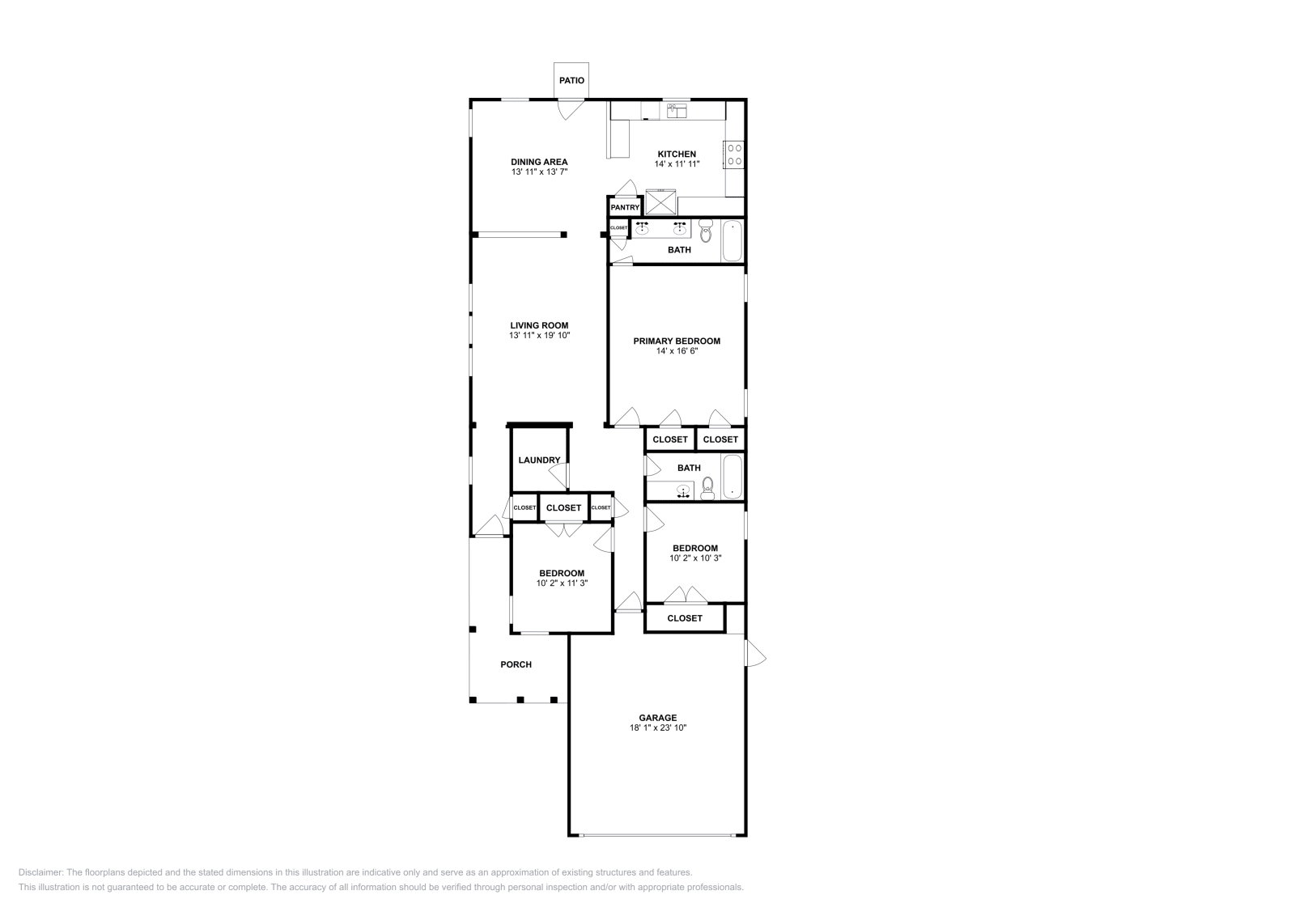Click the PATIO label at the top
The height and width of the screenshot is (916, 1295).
[x=571, y=81]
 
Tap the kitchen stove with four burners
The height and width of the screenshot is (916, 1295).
[x=735, y=155]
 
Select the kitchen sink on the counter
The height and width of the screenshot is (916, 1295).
[x=676, y=110]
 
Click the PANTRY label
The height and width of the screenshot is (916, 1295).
[x=625, y=208]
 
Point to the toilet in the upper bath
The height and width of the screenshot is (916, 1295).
[x=705, y=232]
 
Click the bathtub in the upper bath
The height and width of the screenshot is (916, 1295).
[x=732, y=240]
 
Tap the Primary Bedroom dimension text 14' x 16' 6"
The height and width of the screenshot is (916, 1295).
[x=677, y=351]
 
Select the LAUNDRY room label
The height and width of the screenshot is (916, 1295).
[x=539, y=460]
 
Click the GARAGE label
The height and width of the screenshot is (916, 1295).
[x=657, y=718]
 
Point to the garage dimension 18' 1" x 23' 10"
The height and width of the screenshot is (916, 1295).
[x=657, y=728]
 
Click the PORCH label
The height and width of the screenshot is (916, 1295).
[x=516, y=664]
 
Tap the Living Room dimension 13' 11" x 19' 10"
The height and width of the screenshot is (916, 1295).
[x=539, y=335]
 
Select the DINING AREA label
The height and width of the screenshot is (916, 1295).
[x=539, y=162]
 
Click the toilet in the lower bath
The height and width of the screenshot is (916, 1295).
[x=707, y=486]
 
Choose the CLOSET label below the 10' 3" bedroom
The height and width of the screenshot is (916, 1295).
[x=685, y=618]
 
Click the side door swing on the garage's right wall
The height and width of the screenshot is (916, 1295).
[x=754, y=653]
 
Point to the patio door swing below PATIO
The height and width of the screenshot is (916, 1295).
[x=570, y=108]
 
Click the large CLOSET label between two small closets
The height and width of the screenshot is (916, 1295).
[x=563, y=508]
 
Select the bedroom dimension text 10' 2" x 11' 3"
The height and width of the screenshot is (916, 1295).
[x=562, y=583]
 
